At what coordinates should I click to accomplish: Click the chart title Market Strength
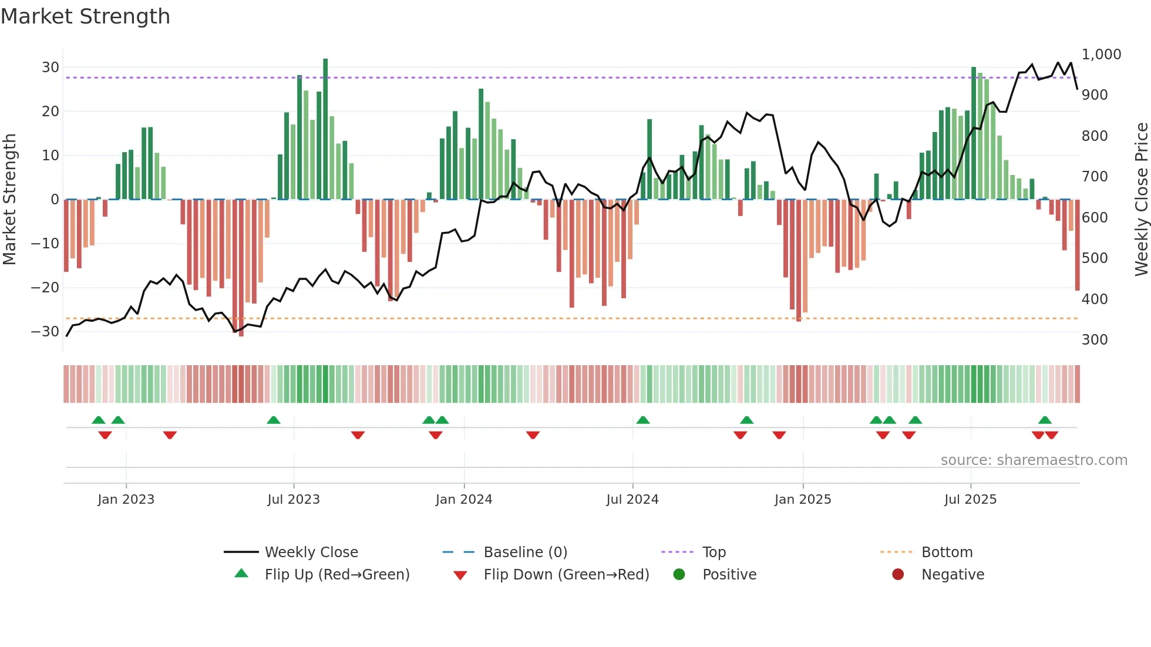click(x=85, y=16)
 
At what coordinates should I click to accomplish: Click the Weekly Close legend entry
click(x=311, y=552)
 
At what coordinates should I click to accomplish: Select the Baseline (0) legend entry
click(x=525, y=552)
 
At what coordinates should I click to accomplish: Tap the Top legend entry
click(x=714, y=552)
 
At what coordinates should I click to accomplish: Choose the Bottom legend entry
click(x=947, y=552)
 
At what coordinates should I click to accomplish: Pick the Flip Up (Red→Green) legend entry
click(x=336, y=575)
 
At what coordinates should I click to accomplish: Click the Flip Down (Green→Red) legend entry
click(x=566, y=575)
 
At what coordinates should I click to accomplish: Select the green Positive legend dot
click(x=679, y=575)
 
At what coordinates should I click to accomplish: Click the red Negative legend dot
click(x=898, y=575)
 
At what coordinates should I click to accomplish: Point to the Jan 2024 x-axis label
click(x=464, y=500)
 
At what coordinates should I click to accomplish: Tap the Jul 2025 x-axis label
click(x=970, y=500)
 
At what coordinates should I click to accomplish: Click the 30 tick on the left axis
click(x=51, y=68)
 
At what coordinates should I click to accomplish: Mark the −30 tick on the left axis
click(x=46, y=332)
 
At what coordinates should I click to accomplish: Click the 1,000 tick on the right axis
click(x=1101, y=55)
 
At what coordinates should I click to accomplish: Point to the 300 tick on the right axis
click(x=1095, y=340)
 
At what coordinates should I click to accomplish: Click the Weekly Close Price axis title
click(x=1141, y=200)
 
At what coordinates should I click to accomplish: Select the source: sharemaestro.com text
click(x=1034, y=460)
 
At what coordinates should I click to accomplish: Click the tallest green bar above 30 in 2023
click(x=325, y=129)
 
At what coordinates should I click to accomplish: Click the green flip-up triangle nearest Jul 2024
click(x=643, y=420)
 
